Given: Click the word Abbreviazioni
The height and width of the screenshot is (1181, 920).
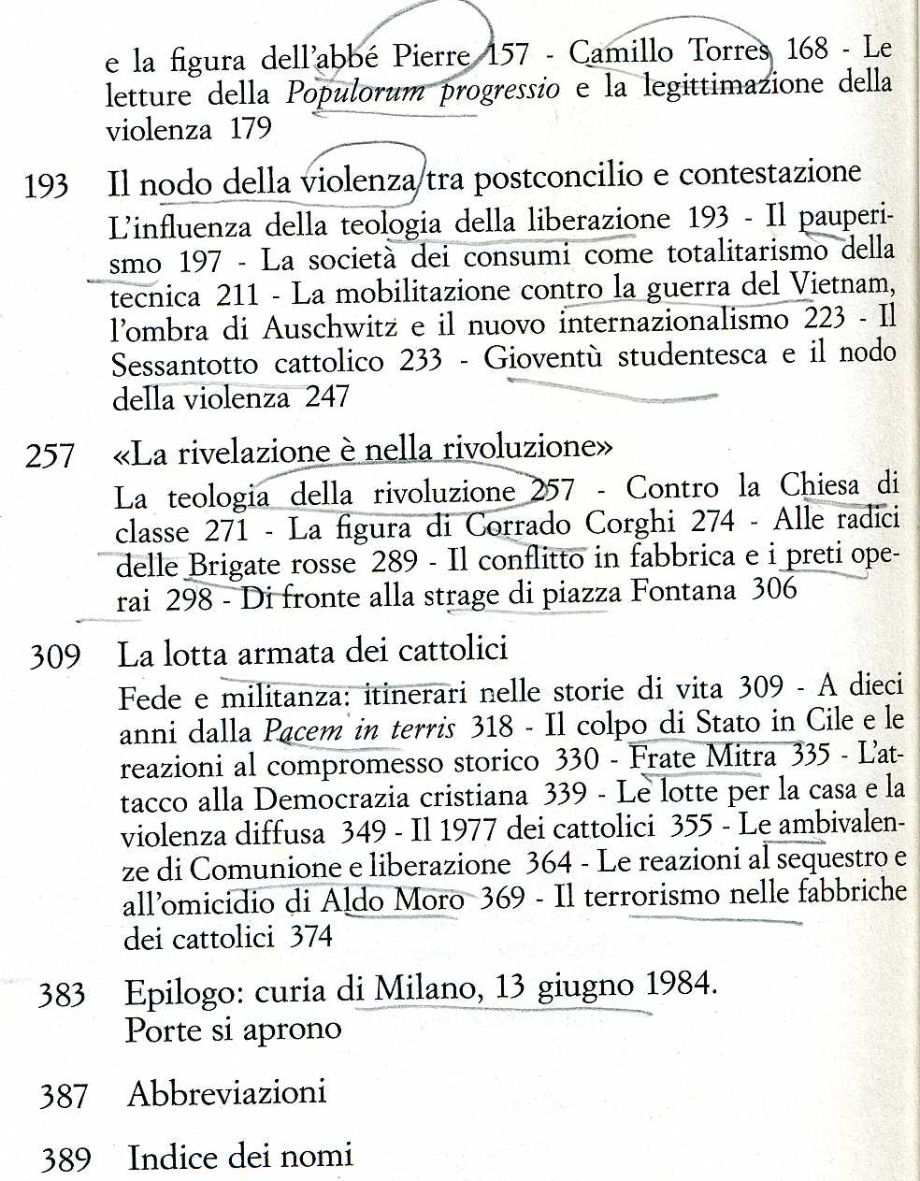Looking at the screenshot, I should click(227, 1092).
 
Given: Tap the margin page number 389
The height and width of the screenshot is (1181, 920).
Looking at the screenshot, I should click(65, 1160).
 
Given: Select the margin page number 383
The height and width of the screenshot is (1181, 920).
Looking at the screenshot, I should click(62, 995).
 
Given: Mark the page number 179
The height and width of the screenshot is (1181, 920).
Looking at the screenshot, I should click(250, 128).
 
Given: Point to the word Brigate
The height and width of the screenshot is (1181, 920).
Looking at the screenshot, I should click(233, 565).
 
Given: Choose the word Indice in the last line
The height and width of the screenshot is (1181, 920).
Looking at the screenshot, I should click(177, 1158).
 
